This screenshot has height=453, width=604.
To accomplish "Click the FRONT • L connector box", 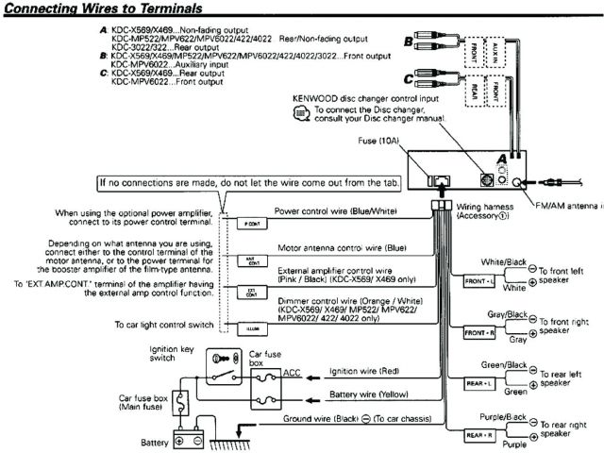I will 478,282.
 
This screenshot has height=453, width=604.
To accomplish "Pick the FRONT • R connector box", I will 478,334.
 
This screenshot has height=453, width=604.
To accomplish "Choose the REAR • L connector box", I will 478,385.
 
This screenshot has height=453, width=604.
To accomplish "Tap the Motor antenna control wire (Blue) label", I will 341,247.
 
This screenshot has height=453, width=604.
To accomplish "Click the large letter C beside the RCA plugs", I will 407,79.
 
